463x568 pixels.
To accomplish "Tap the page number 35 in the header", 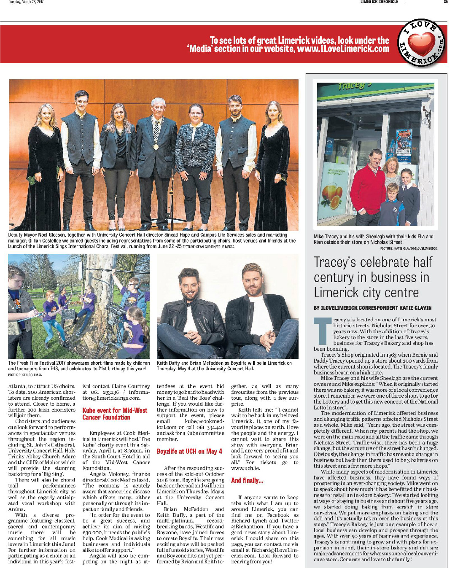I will [x=445, y=2].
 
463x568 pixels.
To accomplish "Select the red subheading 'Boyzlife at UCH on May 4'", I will [x=189, y=451].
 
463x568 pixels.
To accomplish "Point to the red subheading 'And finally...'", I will [x=247, y=480].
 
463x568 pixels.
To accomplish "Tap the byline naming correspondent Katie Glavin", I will [x=372, y=308].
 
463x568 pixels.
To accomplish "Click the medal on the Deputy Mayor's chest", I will [x=156, y=147].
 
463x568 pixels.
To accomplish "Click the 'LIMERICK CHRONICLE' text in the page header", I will [x=379, y=2].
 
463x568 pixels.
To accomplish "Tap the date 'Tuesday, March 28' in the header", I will [x=26, y=2].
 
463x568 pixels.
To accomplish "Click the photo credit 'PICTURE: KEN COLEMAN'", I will [x=25, y=374].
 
